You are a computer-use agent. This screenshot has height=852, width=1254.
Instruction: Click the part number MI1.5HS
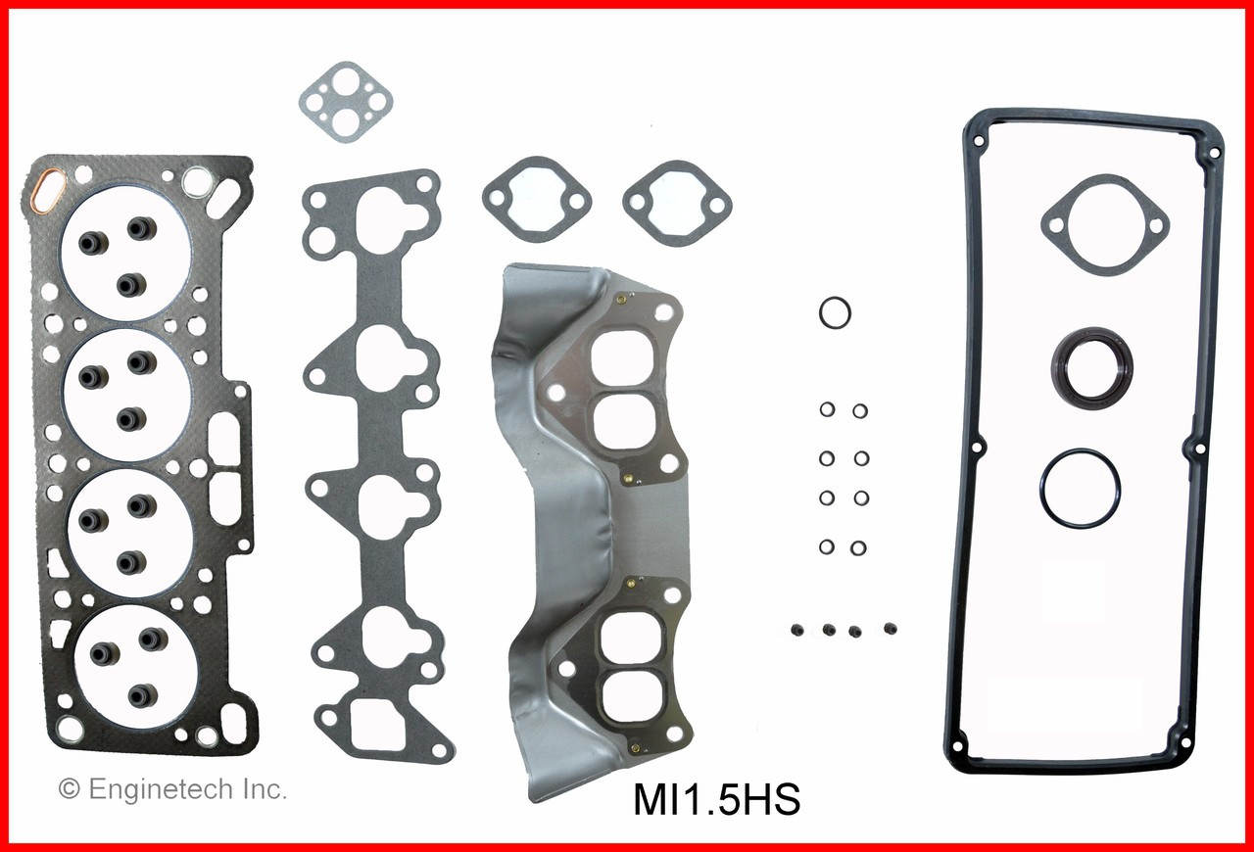point(717,801)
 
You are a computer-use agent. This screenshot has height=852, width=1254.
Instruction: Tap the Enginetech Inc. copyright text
point(173,789)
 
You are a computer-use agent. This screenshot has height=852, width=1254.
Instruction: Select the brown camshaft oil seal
point(1092,369)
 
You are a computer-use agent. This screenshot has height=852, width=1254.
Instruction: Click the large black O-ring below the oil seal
point(1081,488)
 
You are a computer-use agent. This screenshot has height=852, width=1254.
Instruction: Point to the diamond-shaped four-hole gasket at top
point(345,101)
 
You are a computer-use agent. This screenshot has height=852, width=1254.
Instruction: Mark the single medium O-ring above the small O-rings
point(835,313)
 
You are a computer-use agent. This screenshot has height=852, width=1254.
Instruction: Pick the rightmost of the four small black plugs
point(891,628)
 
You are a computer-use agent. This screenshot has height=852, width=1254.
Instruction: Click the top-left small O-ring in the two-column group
point(827,410)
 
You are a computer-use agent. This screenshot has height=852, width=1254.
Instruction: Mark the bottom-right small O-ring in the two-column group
point(860,546)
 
